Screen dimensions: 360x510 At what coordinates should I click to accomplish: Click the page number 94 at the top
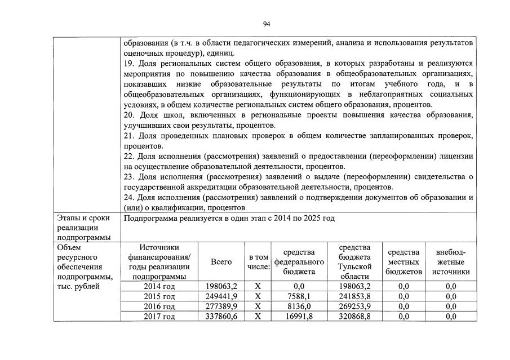267,24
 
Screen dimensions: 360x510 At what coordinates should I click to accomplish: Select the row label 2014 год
159,286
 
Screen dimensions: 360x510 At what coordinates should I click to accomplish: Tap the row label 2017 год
159,317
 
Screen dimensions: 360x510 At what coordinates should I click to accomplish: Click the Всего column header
221,262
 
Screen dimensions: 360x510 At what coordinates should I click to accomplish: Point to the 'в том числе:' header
258,262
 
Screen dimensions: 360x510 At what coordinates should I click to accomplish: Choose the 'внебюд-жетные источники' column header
450,262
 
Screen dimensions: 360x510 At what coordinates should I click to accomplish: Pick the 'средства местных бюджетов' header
403,262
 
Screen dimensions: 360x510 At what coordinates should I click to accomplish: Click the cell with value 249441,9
221,296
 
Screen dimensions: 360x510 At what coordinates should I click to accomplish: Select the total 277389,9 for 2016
221,306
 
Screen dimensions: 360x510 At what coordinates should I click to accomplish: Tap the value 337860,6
221,317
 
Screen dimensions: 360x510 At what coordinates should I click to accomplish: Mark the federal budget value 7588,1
299,296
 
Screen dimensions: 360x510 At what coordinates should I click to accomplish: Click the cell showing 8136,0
299,306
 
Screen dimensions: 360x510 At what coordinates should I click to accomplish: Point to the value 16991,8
299,317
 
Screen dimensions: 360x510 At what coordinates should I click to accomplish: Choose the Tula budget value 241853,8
354,296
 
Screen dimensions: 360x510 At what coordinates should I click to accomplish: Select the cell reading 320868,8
354,317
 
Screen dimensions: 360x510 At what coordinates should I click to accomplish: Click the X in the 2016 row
258,306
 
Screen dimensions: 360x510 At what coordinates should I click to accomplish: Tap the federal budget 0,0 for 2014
299,286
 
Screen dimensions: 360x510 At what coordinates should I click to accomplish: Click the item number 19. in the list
129,64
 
